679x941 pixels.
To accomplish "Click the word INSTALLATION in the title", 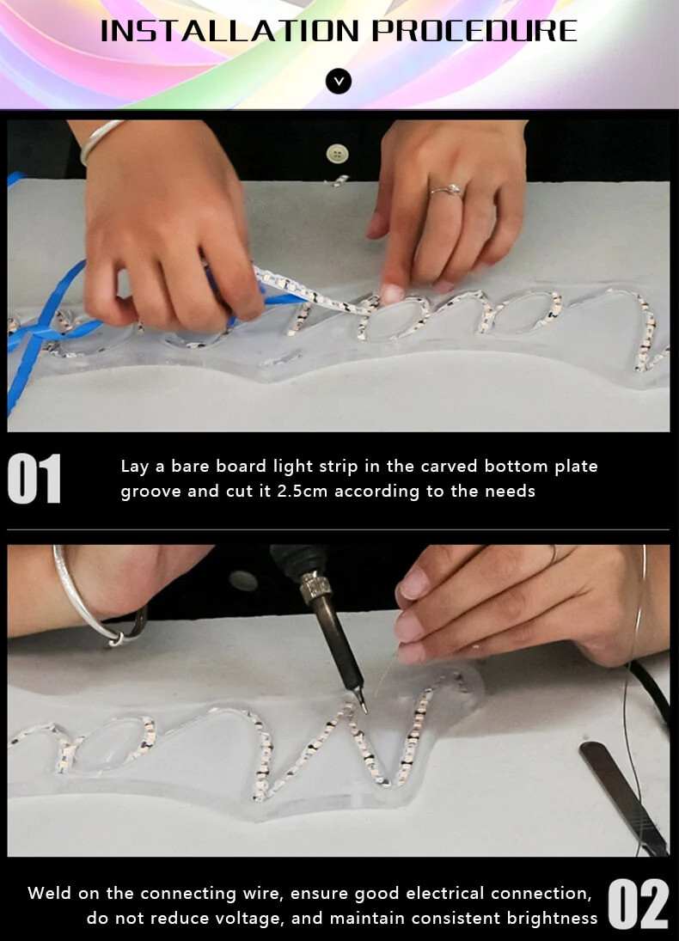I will tap(230, 31).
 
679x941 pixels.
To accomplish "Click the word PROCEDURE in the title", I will tap(474, 31).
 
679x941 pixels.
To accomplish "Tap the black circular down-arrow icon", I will tap(339, 82).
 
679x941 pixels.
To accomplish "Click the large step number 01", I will tap(34, 480).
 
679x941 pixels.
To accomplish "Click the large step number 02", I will tap(638, 905).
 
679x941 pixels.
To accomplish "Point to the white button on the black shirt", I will tap(338, 154).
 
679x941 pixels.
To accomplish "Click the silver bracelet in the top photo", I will tap(100, 139).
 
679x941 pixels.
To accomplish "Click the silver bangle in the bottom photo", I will tap(82, 602).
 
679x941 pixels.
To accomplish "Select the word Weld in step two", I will tap(49, 893).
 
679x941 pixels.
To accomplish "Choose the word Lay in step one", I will tap(134, 467).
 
